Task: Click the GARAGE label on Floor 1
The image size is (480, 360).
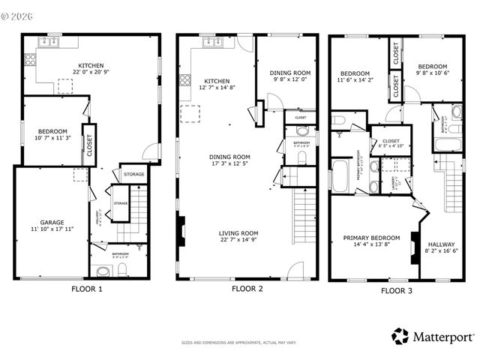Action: (x=52, y=222)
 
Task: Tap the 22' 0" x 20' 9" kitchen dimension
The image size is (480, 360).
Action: (x=91, y=72)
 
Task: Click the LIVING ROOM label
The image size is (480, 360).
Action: (x=241, y=232)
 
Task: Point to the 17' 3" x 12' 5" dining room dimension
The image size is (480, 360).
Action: (x=229, y=163)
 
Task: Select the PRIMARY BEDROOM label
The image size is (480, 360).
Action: (x=371, y=238)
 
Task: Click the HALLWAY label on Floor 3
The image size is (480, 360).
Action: (x=442, y=244)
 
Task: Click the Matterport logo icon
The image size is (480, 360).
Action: (x=401, y=334)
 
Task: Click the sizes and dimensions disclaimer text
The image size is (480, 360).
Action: (x=239, y=343)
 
